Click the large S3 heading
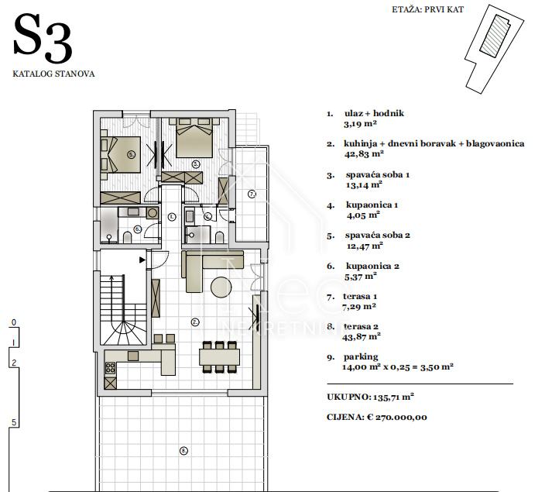click(x=43, y=39)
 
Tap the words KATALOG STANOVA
click(x=53, y=74)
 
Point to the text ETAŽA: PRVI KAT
click(x=427, y=9)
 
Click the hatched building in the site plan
click(x=495, y=35)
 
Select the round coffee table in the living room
click(x=221, y=287)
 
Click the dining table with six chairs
click(x=219, y=356)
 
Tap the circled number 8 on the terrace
click(x=183, y=450)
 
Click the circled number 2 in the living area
click(x=194, y=322)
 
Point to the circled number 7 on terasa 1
click(x=252, y=194)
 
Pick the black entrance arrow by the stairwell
click(x=142, y=260)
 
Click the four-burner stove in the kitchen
click(x=110, y=368)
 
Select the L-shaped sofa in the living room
click(x=207, y=265)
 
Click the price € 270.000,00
click(x=396, y=418)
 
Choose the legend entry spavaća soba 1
click(x=377, y=175)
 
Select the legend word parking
click(x=361, y=357)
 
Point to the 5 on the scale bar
click(x=14, y=422)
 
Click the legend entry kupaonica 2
click(x=372, y=266)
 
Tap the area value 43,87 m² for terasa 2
click(x=362, y=337)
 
